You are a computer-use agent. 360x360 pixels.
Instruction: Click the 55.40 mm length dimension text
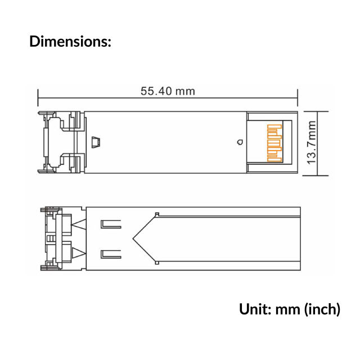click(x=168, y=91)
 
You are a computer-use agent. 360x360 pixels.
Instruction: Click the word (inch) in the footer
click(x=322, y=309)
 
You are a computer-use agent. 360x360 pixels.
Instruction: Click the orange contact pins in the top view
click(x=274, y=143)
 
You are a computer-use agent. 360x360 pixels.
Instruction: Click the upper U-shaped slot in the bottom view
click(x=110, y=225)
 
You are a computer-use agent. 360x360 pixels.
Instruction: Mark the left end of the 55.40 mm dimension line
click(x=38, y=97)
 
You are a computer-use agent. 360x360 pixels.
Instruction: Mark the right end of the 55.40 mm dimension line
click(x=298, y=97)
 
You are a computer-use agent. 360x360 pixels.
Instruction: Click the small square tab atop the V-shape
click(x=157, y=214)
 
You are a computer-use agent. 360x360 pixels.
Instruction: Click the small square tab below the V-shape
click(x=157, y=263)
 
